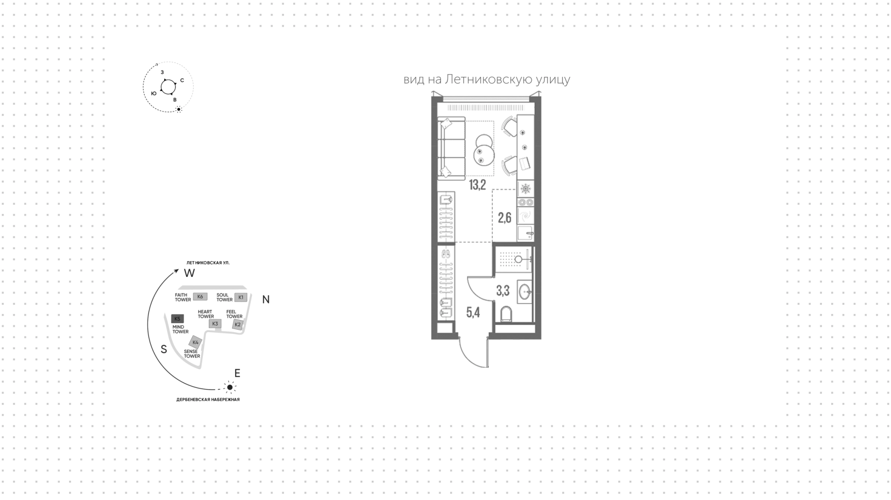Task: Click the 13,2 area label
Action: (x=477, y=185)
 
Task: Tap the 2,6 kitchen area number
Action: (x=504, y=218)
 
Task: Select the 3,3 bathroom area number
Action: (x=503, y=291)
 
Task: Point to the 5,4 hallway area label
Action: (x=473, y=313)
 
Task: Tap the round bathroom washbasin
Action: (x=525, y=292)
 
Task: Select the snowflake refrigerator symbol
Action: (x=526, y=189)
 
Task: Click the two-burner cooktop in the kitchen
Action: (x=526, y=202)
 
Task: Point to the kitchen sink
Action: (x=526, y=233)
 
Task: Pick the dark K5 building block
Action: (x=177, y=319)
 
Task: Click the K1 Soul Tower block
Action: (x=240, y=297)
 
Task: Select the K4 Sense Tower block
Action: (x=195, y=342)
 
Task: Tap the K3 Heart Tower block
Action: (x=215, y=324)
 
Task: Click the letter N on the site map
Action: (x=266, y=300)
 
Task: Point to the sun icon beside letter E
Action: (x=230, y=387)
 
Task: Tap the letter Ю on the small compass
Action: (x=154, y=94)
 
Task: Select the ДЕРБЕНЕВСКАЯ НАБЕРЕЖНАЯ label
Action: (x=208, y=399)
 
